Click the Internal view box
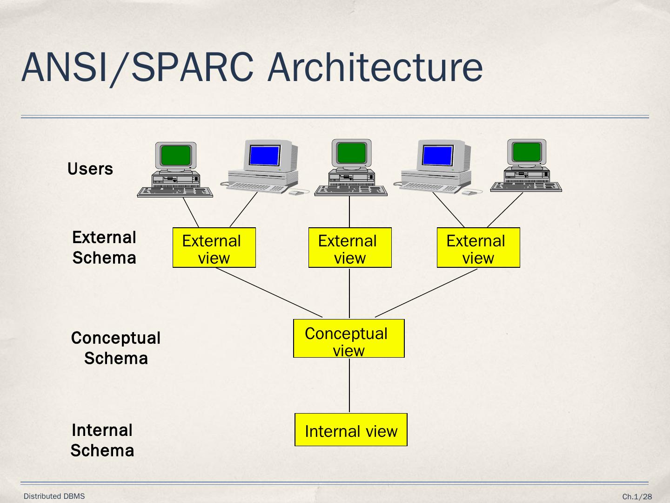click(351, 430)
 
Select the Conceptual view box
click(348, 339)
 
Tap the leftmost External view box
click(214, 248)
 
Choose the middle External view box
click(350, 248)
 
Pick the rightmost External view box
click(478, 248)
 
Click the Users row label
click(90, 169)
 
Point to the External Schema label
click(104, 247)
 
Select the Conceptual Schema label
click(116, 348)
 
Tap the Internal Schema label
click(102, 440)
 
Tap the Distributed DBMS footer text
click(54, 496)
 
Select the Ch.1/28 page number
click(637, 497)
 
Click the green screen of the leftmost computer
click(175, 155)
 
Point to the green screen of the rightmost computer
click(527, 152)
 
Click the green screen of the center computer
click(351, 152)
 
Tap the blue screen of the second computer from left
click(264, 155)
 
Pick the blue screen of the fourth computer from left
click(437, 155)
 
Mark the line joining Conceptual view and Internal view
click(349, 385)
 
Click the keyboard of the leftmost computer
click(175, 192)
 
